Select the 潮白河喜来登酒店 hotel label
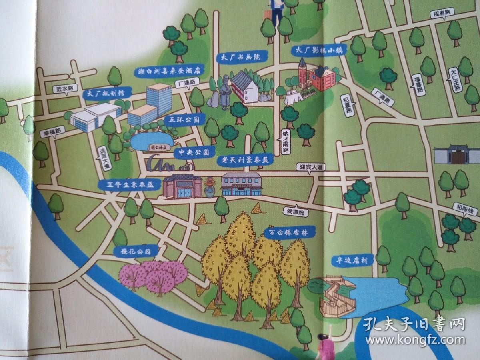click(169, 71)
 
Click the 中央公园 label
click(194, 152)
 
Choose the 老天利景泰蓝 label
click(244, 159)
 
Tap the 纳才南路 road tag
click(286, 142)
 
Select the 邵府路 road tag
click(442, 13)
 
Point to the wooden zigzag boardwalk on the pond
click(335, 296)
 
